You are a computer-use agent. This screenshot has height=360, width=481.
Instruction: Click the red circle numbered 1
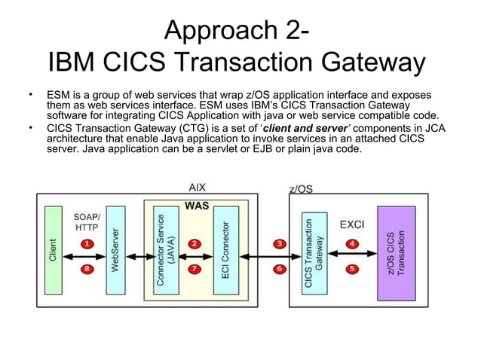[x=87, y=243]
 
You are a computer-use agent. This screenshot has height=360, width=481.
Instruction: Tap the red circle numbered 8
[x=87, y=269]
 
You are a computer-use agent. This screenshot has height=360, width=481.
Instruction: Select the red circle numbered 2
[x=195, y=243]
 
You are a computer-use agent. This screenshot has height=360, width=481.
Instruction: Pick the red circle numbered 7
[x=195, y=268]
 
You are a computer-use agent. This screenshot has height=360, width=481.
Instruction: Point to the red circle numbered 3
[x=280, y=243]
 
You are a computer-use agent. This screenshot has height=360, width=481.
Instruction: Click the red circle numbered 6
[x=280, y=268]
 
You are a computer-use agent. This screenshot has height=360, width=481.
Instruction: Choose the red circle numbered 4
[x=352, y=243]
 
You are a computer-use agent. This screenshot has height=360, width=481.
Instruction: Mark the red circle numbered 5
[x=352, y=268]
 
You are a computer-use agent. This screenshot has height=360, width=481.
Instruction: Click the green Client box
[x=53, y=250]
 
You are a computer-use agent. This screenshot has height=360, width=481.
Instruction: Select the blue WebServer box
[x=115, y=250]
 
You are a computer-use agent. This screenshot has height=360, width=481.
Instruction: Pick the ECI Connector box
[x=225, y=250]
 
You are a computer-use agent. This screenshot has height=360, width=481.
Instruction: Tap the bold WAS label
[x=197, y=204]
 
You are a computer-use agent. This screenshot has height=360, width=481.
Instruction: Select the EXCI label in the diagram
[x=352, y=224]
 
